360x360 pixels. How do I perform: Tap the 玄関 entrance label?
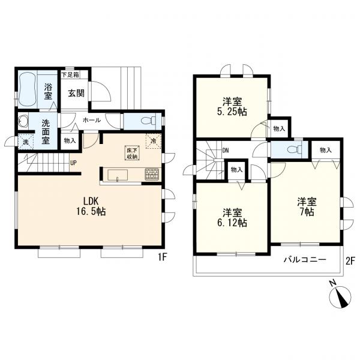point(76,93)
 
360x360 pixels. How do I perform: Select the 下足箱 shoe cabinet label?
point(70,74)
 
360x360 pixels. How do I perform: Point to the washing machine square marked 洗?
point(26,142)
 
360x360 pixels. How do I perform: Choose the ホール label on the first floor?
point(91,120)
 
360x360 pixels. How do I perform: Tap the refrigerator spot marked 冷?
point(154,140)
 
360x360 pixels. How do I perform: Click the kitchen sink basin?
point(118,175)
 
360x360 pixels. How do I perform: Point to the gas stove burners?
point(152,174)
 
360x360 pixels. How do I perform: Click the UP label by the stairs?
point(73,163)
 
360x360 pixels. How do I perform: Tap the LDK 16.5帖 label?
point(91,206)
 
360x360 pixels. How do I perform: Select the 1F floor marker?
point(161,257)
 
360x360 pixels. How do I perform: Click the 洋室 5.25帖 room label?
point(232,107)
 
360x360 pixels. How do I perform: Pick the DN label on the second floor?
point(226,151)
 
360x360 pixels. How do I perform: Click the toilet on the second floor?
point(295,149)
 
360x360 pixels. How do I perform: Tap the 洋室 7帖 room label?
point(307,206)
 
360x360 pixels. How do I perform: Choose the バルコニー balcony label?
point(305,260)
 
